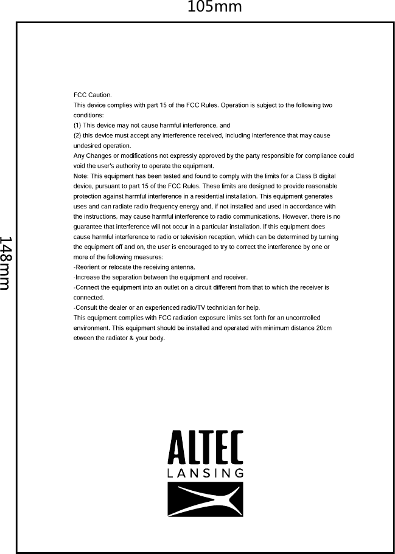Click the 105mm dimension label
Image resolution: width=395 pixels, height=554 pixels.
click(x=214, y=7)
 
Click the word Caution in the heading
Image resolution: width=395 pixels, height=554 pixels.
click(x=100, y=95)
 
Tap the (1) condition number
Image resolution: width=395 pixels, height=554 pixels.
click(x=77, y=125)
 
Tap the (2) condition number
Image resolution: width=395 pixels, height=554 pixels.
click(x=77, y=135)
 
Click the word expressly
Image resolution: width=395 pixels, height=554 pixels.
click(x=183, y=156)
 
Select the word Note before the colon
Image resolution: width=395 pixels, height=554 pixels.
click(x=80, y=176)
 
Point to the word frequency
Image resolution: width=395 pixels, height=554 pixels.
click(x=157, y=207)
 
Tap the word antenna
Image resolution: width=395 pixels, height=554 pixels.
click(x=183, y=267)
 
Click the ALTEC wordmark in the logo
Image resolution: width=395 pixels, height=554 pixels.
click(x=205, y=448)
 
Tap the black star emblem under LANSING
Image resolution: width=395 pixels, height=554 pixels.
click(x=205, y=499)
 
